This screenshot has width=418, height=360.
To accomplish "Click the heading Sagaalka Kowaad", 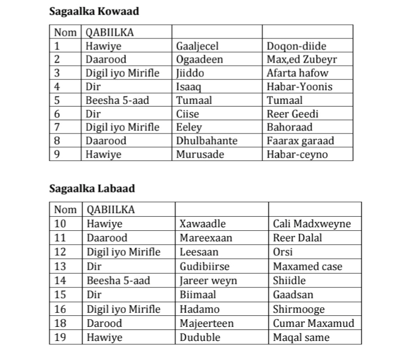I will (x=94, y=11).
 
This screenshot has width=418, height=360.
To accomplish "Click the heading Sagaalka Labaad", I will (x=92, y=188).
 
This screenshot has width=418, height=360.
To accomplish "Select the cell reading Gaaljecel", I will (x=197, y=46).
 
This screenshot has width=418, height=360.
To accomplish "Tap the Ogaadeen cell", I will (x=199, y=59).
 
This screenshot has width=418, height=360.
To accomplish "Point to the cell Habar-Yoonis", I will (x=299, y=87).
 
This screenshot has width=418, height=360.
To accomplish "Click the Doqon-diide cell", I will (x=296, y=46).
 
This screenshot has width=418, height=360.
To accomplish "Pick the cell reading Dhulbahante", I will (x=207, y=141).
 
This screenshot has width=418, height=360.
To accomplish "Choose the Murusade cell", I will (x=200, y=154).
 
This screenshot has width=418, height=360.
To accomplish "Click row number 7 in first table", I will (x=57, y=127).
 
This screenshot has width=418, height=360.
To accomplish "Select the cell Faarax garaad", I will (x=300, y=141).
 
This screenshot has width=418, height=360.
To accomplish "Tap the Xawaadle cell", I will (x=202, y=224).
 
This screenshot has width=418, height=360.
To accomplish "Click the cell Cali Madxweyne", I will (x=311, y=224).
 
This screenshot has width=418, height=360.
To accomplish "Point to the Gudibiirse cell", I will (x=204, y=267).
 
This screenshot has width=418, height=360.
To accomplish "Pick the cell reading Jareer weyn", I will (x=208, y=281).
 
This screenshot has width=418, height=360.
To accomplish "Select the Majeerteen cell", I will (x=206, y=323).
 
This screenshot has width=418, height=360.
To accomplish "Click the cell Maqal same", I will (x=301, y=337).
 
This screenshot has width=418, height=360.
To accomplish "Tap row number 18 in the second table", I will (x=60, y=323).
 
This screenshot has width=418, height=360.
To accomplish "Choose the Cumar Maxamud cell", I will (x=313, y=323).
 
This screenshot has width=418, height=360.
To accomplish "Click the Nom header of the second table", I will (x=65, y=210).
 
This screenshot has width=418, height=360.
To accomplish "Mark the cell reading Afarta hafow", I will (x=297, y=73).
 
